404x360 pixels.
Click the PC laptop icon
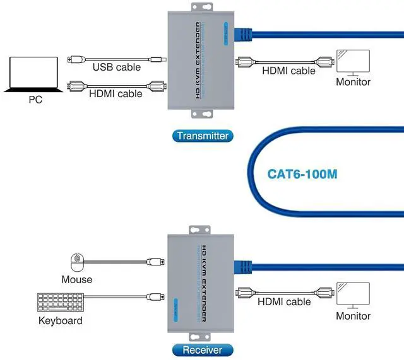tap(35, 74)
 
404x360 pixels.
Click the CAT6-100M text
tap(302, 173)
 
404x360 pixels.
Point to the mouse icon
tap(77, 260)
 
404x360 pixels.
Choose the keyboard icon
tap(59, 301)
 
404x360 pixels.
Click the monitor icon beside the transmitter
tap(353, 62)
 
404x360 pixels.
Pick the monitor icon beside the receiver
tap(353, 294)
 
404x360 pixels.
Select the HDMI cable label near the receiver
tap(284, 301)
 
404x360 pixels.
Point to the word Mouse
tap(77, 279)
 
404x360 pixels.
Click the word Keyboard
tap(61, 321)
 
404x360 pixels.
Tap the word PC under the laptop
tap(35, 100)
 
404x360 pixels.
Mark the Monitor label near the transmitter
tap(353, 82)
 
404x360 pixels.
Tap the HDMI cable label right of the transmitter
tap(289, 71)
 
